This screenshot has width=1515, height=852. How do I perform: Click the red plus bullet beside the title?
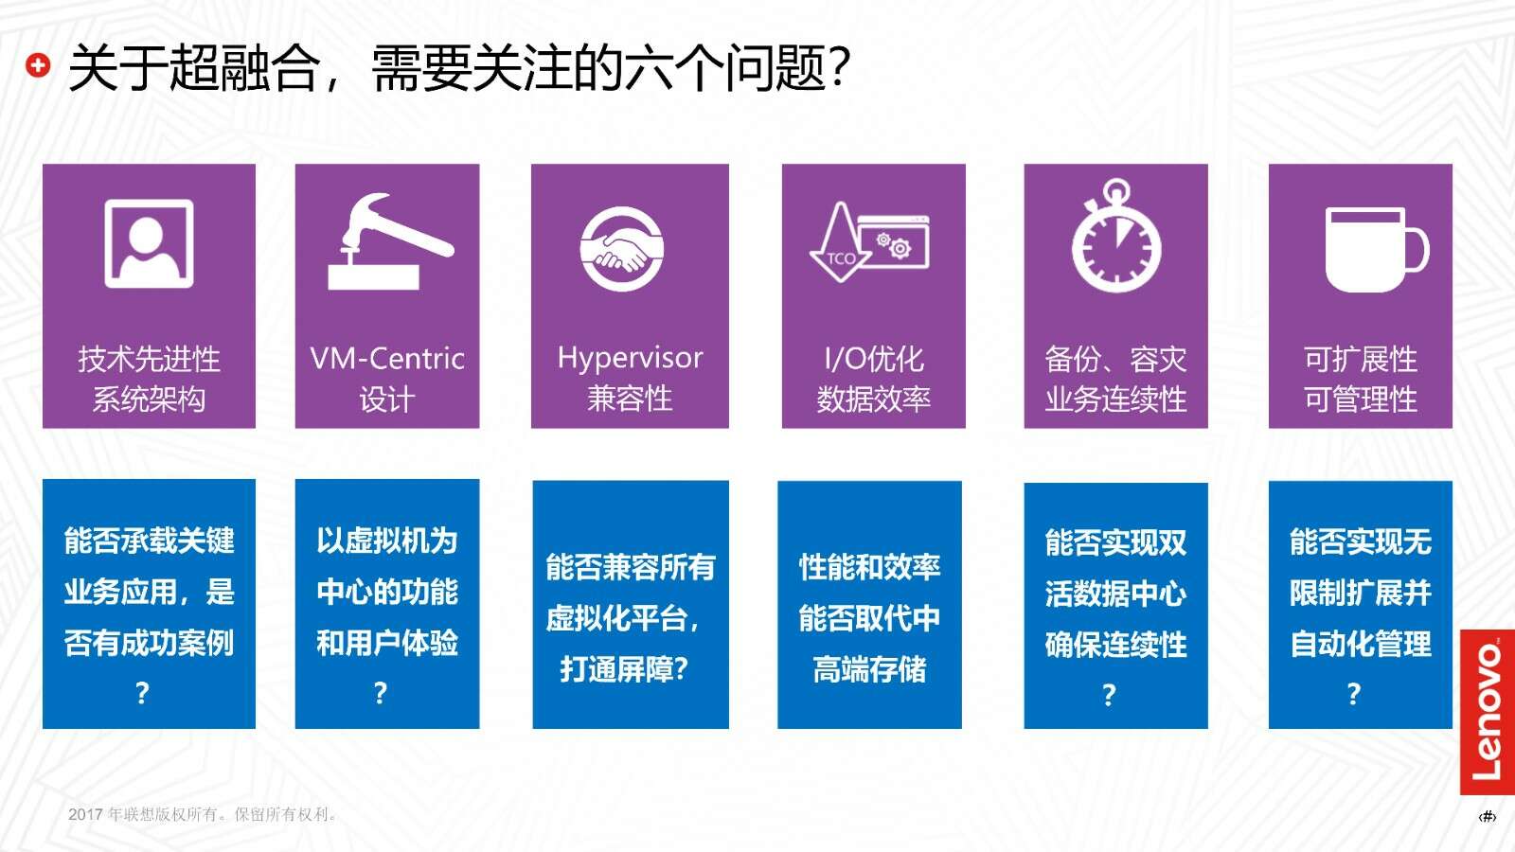coord(38,66)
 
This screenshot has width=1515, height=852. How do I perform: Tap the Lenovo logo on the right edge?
coord(1488,712)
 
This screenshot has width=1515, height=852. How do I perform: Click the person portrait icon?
coord(149,243)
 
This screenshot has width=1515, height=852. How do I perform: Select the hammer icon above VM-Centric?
coord(390,241)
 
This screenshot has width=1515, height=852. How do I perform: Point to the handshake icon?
coord(621,249)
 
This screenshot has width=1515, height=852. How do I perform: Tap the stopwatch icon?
coord(1116,236)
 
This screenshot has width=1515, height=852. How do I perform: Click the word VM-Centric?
coord(387,359)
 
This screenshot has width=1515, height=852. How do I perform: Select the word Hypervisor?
coord(630,358)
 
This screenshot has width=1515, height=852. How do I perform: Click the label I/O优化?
coord(874,359)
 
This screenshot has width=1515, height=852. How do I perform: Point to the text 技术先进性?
coord(149,359)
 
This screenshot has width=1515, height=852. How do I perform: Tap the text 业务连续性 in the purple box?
coord(1116,399)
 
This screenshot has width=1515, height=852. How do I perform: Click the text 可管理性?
coord(1361,399)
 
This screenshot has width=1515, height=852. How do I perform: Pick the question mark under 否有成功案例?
coord(142,693)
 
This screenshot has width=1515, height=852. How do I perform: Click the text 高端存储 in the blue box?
coord(870,669)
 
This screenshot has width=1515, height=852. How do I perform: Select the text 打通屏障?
coord(615,669)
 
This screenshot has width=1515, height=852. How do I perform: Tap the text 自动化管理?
coord(1361,644)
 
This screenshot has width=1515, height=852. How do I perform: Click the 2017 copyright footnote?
coord(203,814)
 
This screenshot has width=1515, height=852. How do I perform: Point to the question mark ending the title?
coord(839,68)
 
